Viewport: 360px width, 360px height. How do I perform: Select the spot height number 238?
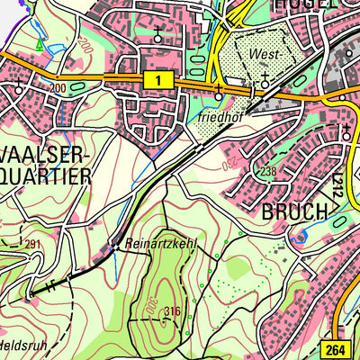click(267, 172)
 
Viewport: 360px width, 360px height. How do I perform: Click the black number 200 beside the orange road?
click(58, 88)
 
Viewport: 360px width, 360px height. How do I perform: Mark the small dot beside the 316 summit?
click(162, 312)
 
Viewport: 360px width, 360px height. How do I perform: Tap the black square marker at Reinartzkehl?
click(113, 243)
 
